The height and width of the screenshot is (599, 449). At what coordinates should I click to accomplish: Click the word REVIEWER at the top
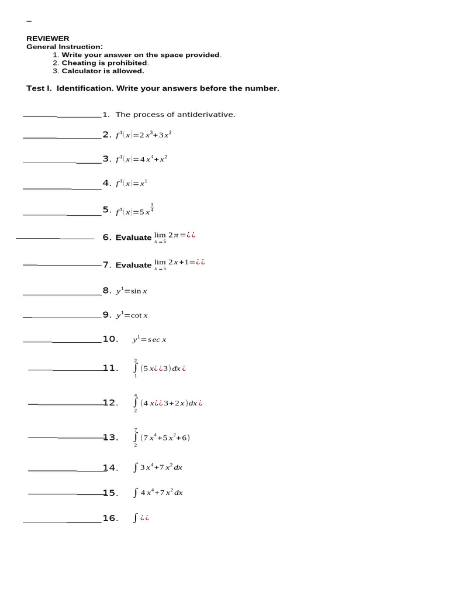point(47,39)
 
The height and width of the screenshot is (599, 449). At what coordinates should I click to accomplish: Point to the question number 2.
point(106,135)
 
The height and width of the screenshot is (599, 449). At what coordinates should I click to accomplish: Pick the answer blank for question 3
point(61,162)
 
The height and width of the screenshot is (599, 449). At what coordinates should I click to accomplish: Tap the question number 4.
point(106,183)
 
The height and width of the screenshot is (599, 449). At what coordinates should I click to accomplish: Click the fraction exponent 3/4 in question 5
point(152,207)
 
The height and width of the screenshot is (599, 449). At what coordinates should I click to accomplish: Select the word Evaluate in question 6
point(133,237)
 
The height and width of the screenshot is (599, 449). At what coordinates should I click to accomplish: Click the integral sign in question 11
point(136,368)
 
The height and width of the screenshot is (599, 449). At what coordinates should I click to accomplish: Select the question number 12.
point(110,402)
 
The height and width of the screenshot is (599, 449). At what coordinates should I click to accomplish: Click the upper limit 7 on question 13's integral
point(136,429)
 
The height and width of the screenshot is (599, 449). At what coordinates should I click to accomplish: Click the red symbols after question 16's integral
point(144,518)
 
